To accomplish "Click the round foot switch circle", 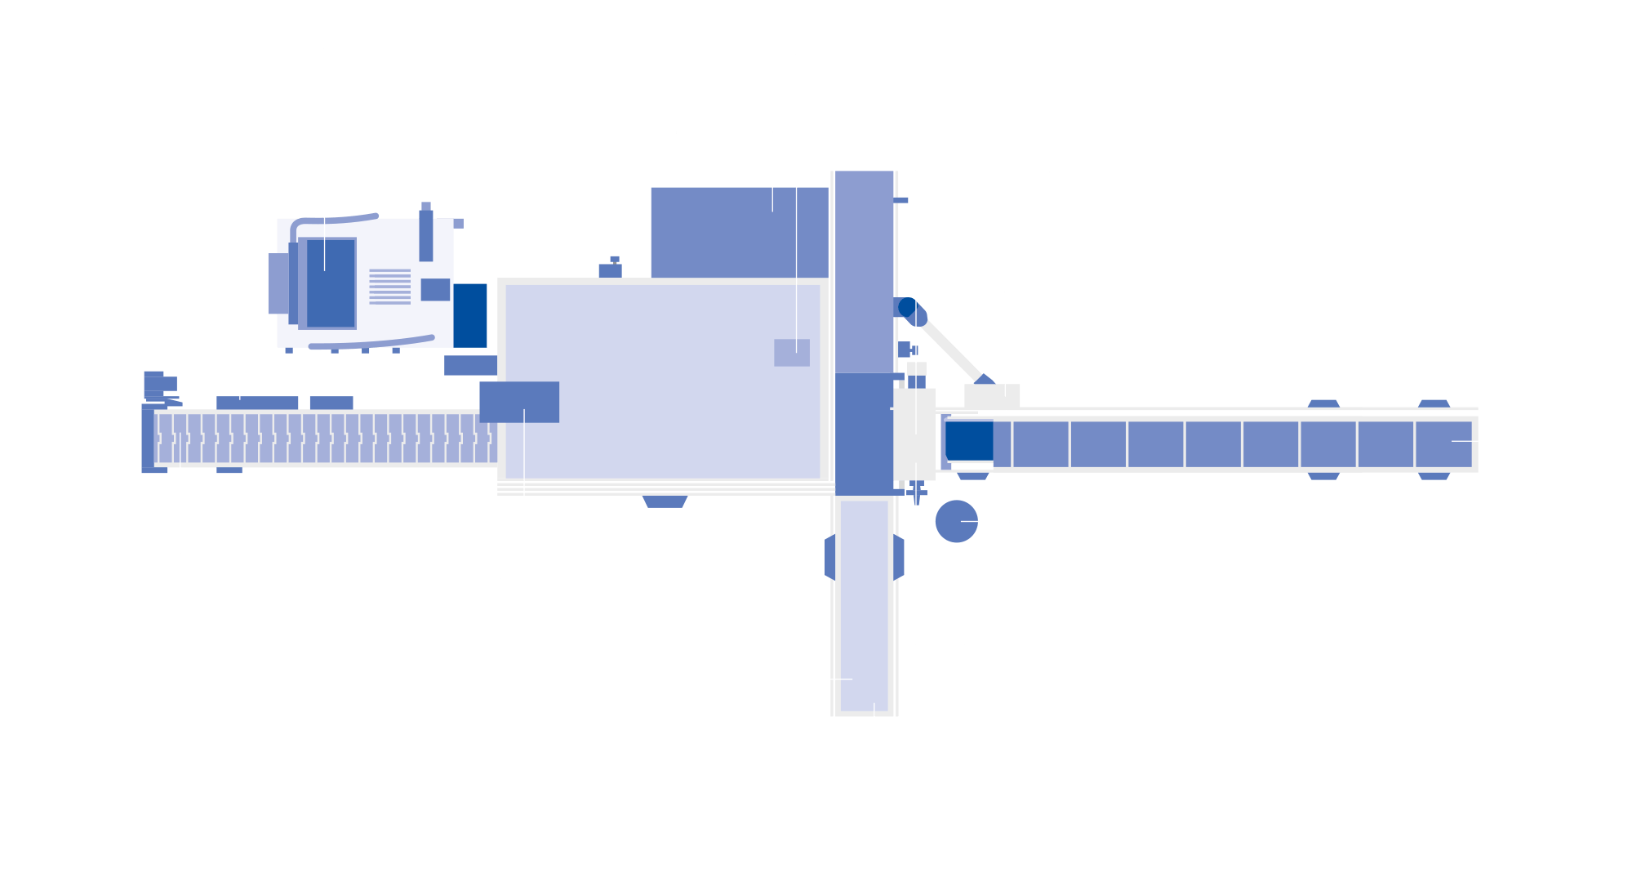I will (x=956, y=521).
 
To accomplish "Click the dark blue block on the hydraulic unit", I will (x=469, y=315).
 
